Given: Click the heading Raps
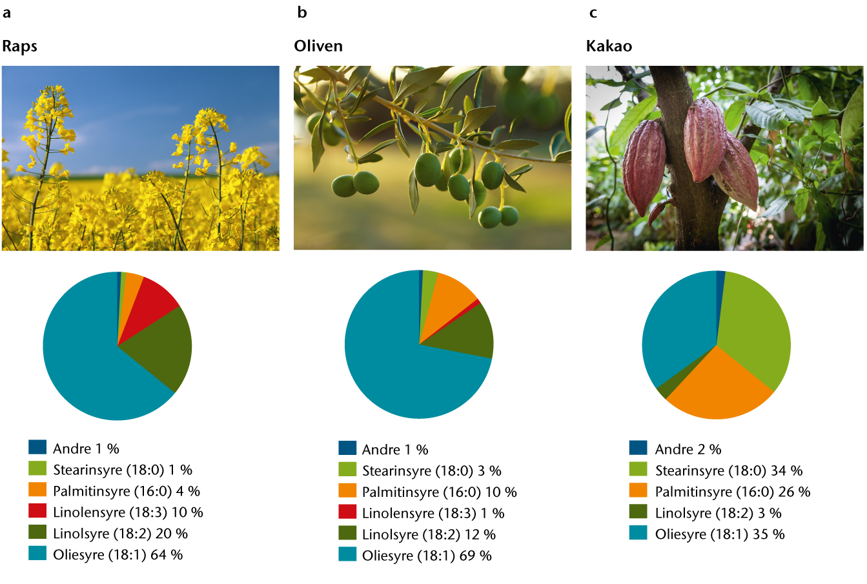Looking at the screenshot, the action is tap(20, 46).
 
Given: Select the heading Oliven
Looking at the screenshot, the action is tap(318, 46).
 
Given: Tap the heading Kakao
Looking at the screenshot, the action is tap(609, 46).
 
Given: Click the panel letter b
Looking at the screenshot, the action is tap(302, 12).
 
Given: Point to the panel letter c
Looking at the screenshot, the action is tap(593, 13).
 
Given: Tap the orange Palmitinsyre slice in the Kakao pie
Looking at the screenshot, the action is tap(718, 387).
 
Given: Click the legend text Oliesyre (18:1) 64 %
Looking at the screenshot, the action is tap(118, 555).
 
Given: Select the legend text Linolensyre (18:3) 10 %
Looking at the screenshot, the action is tap(128, 512).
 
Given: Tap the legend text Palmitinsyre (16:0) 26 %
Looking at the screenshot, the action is tap(733, 492).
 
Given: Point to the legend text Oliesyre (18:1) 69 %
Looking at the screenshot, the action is tap(427, 556).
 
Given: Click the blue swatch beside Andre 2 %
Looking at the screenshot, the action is tap(638, 448).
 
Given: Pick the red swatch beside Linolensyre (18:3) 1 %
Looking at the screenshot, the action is tap(347, 512).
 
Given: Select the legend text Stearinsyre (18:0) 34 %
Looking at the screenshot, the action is tap(729, 470).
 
